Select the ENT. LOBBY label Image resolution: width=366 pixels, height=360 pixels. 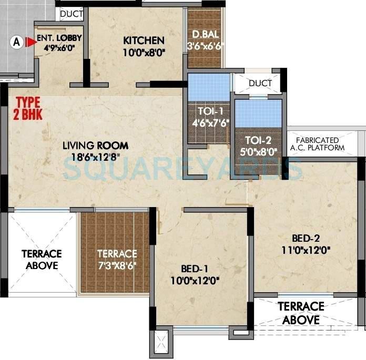pyautogui.click(x=57, y=38)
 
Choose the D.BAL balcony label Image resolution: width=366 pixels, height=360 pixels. pyautogui.click(x=205, y=35)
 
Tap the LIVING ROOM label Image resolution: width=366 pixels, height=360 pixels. pyautogui.click(x=95, y=146)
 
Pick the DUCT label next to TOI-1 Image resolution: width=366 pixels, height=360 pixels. pyautogui.click(x=260, y=84)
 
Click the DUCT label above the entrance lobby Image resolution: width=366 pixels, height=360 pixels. pyautogui.click(x=71, y=14)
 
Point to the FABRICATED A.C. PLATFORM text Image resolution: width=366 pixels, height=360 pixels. pyautogui.click(x=320, y=144)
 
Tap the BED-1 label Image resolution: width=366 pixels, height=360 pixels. pyautogui.click(x=195, y=269)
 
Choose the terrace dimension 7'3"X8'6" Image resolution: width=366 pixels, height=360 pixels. pyautogui.click(x=117, y=265)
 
